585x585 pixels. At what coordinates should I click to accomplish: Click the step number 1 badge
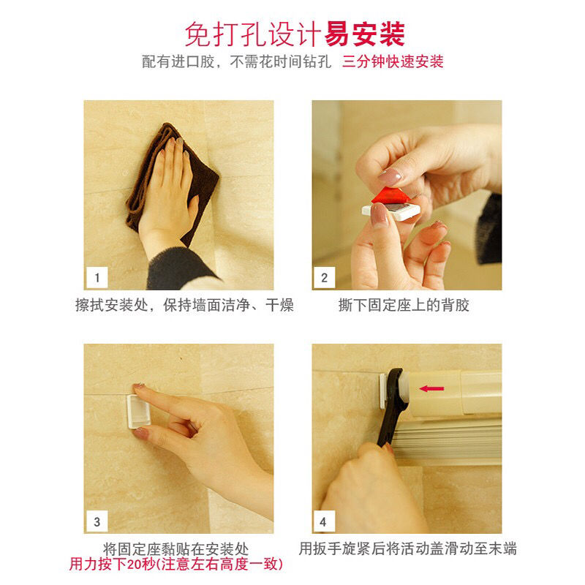(97, 277)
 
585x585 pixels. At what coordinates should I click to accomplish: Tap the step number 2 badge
(324, 277)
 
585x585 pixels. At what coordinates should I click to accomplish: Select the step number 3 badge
(97, 521)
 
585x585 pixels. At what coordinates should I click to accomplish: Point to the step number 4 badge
(323, 521)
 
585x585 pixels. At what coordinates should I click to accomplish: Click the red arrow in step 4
(431, 389)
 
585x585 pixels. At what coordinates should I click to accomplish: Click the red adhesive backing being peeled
(390, 196)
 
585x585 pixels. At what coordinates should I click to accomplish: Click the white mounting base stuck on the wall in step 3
(138, 412)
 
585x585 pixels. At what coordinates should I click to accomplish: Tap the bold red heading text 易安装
(364, 34)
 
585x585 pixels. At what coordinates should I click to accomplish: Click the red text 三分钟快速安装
(393, 61)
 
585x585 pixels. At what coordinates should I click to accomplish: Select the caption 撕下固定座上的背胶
(404, 305)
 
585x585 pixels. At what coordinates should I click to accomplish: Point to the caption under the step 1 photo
(184, 305)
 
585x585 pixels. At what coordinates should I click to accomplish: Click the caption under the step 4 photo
(408, 548)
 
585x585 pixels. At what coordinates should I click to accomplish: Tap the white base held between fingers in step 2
(391, 211)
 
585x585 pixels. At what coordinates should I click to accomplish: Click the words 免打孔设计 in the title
(253, 34)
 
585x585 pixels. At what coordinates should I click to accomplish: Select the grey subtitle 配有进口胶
(178, 61)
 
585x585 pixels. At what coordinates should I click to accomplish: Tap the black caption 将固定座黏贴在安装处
(175, 549)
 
